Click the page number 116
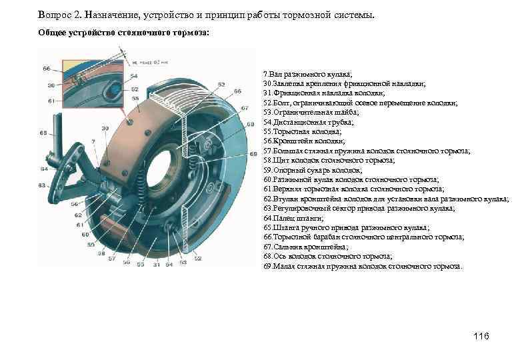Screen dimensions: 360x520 coord(481,336)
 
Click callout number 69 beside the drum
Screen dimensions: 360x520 coord(253,153)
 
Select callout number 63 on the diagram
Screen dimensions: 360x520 coord(42,185)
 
